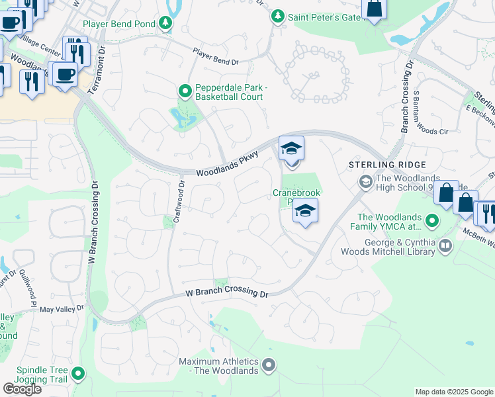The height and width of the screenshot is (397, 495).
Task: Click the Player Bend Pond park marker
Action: pos(165,24)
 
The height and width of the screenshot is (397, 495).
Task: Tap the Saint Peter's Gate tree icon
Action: pos(279,16)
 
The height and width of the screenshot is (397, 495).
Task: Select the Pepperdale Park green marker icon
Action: pos(186,91)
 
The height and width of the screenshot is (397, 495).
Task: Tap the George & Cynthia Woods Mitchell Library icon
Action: pos(446,247)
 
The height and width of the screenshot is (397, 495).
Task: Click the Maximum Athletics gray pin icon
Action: pos(269,365)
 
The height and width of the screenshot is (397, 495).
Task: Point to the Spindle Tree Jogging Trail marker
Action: pos(79,374)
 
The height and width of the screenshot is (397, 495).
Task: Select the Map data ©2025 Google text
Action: pos(454,392)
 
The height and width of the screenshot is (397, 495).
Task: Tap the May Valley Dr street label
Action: pos(63,308)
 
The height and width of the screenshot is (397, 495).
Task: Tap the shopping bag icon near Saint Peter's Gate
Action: pos(374,9)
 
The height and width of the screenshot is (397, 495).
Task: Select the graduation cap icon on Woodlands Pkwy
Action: pos(291,149)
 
